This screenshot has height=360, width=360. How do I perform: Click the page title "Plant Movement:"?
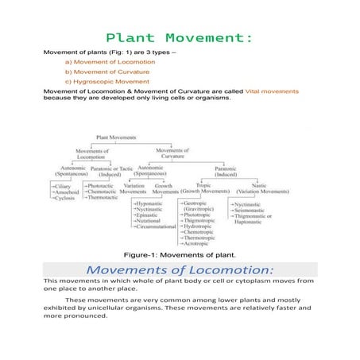[x=180, y=38]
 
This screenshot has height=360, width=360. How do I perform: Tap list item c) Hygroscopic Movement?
[x=106, y=81]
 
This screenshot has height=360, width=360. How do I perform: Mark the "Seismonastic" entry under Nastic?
[x=254, y=210]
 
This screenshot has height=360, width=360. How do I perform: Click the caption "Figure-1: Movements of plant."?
[x=179, y=255]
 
